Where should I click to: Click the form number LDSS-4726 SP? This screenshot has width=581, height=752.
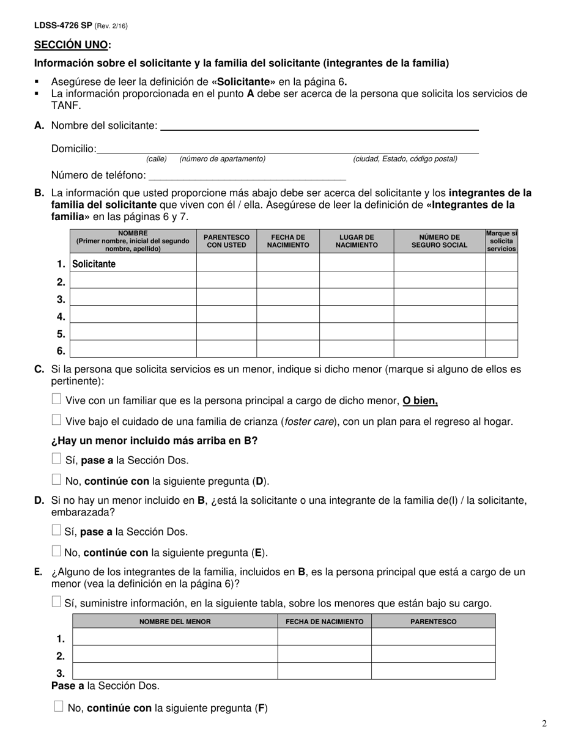(63, 26)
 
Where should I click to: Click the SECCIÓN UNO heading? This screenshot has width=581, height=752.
(72, 45)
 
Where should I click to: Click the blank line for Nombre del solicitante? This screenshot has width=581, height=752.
(319, 126)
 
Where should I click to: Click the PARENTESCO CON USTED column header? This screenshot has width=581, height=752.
(226, 241)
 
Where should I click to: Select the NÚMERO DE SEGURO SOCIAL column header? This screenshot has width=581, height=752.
(439, 241)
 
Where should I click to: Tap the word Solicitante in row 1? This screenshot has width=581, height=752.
(94, 264)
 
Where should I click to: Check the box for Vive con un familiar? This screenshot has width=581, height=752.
(56, 399)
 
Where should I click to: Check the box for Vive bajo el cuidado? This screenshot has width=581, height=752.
(56, 420)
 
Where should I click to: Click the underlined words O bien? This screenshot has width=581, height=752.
(420, 401)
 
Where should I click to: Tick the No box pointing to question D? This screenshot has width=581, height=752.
(56, 479)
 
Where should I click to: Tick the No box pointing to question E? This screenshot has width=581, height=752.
(56, 551)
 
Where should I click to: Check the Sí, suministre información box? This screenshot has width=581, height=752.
(56, 602)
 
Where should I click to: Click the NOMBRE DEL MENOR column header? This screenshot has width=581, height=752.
(175, 622)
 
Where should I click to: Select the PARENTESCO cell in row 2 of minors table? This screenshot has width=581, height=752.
(433, 654)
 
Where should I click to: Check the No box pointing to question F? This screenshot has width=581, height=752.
(59, 707)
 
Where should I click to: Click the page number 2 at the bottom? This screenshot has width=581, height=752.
(544, 724)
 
